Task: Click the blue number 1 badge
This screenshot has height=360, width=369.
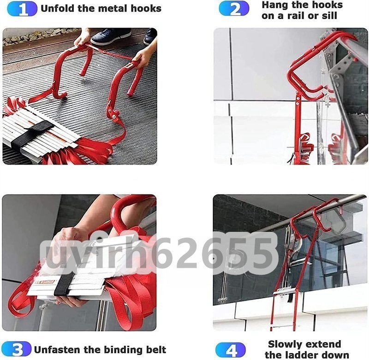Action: point(22,9)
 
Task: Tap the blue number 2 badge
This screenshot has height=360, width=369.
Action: point(234,8)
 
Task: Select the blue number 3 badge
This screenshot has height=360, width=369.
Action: point(16,349)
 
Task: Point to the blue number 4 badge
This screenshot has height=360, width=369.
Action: point(231,350)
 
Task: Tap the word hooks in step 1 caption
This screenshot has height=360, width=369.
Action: point(146,8)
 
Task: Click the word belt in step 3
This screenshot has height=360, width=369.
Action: point(156,350)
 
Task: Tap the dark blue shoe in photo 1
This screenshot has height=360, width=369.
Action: point(110,36)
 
